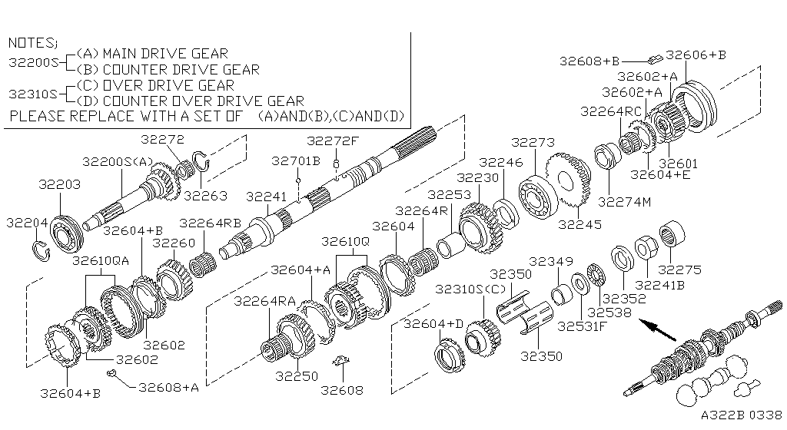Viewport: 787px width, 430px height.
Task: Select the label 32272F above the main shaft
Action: tap(333, 141)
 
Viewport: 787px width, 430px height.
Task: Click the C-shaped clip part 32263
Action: tap(201, 161)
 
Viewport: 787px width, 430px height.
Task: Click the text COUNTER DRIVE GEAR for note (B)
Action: tap(181, 69)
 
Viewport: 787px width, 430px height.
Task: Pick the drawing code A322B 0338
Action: tap(741, 415)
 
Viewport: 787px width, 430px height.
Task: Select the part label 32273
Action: tap(533, 143)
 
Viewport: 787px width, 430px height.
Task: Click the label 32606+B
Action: tap(696, 55)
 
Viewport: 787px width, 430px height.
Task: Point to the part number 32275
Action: tap(679, 270)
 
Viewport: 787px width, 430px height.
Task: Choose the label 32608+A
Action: tap(168, 387)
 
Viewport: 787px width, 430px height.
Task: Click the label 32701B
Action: tap(295, 161)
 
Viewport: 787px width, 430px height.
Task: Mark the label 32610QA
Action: tap(101, 260)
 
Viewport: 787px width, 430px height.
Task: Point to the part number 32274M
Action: tap(624, 203)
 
